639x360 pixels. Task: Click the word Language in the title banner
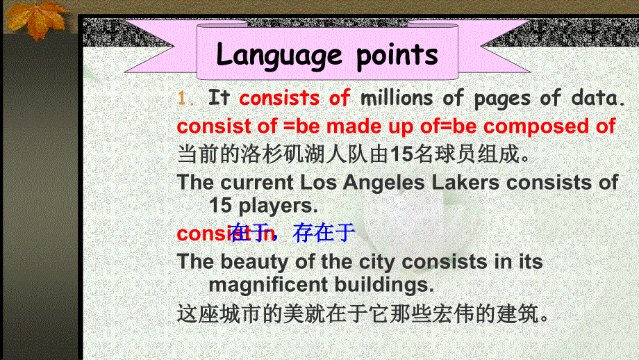coord(279,55)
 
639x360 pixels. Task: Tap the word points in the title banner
coord(397,55)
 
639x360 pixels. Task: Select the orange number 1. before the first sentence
coord(186,99)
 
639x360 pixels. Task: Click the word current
coord(257,183)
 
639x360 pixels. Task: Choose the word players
coord(279,205)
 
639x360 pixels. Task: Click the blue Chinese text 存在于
coord(324,233)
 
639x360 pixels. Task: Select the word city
coord(376,262)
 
